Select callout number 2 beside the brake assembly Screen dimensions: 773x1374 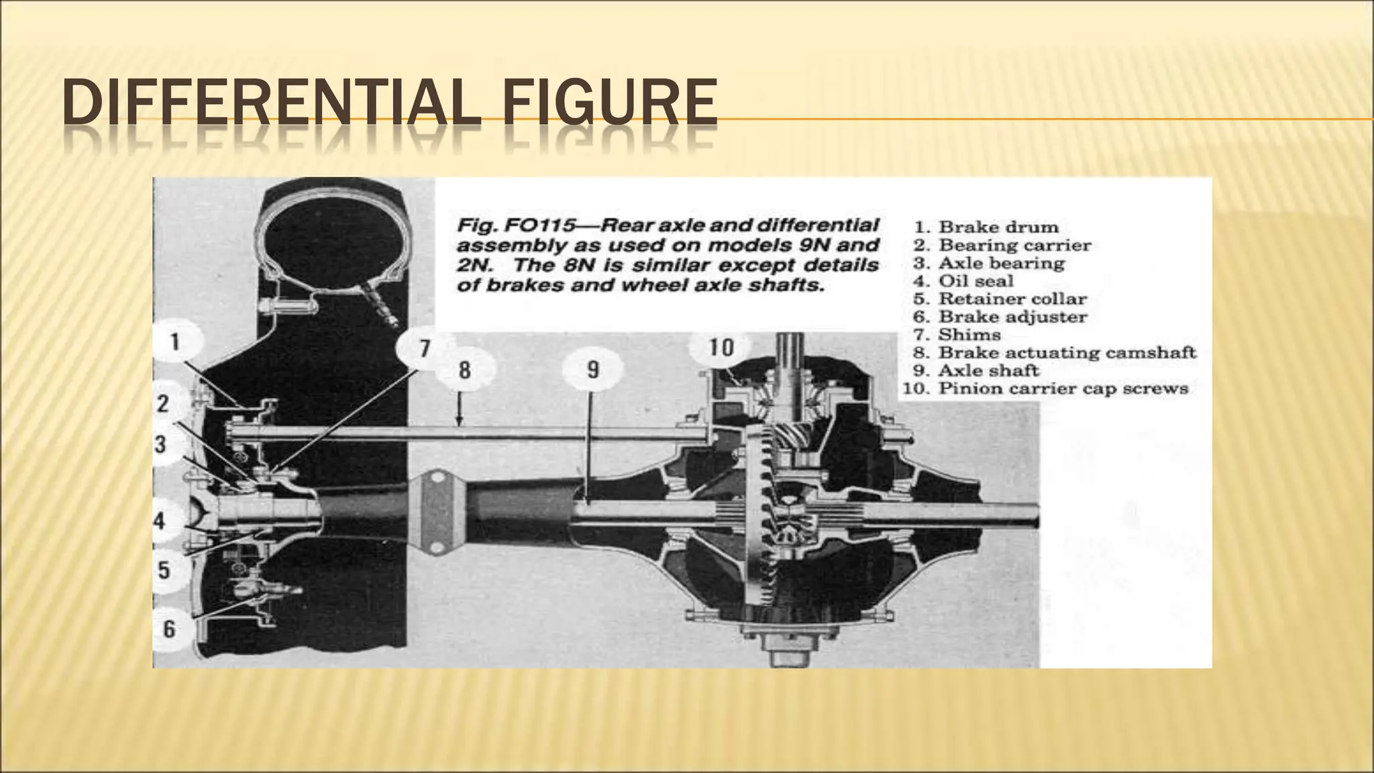click(163, 404)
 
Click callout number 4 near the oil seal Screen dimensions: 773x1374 click(160, 520)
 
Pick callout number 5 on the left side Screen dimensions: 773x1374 click(164, 571)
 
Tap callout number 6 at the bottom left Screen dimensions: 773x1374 click(168, 629)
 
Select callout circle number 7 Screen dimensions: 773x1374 click(424, 348)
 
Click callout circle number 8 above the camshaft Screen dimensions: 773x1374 click(464, 370)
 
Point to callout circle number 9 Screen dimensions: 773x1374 click(593, 370)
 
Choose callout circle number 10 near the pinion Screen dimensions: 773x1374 click(721, 348)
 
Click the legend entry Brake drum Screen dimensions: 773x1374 click(998, 227)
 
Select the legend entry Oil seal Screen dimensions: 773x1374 click(975, 281)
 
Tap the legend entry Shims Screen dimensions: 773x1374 click(969, 335)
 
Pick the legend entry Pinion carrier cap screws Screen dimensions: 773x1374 click(1063, 389)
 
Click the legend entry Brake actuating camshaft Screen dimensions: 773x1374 click(1067, 353)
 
